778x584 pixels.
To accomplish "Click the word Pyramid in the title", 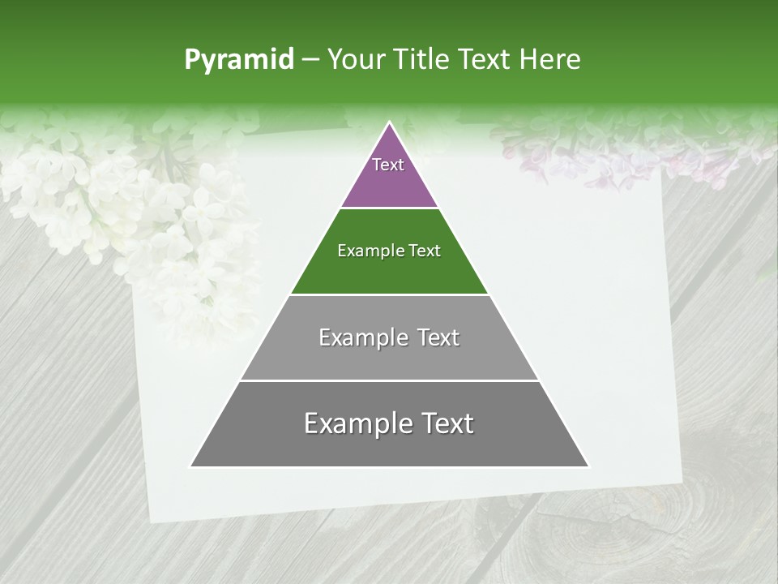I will point(238,60).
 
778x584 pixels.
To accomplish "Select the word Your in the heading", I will point(355,60).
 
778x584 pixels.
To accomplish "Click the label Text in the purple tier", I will point(388,165).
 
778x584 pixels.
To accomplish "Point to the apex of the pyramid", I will point(390,122).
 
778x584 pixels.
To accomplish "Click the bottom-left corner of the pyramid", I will point(191,466).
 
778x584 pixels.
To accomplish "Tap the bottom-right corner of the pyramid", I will point(588,466).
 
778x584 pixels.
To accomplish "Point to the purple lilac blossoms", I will point(567,154).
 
